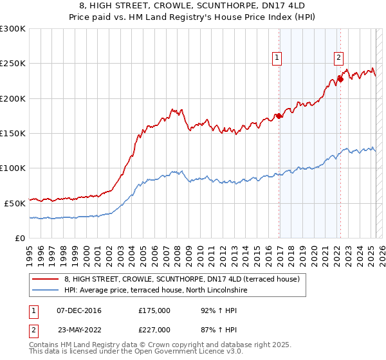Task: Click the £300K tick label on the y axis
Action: (13, 29)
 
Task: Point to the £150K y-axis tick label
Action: (13, 133)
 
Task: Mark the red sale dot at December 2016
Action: (279, 116)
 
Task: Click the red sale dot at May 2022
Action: (340, 80)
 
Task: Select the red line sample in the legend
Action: (46, 279)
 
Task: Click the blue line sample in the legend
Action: (46, 291)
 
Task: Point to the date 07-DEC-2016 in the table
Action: (79, 310)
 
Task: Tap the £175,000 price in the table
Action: (154, 310)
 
